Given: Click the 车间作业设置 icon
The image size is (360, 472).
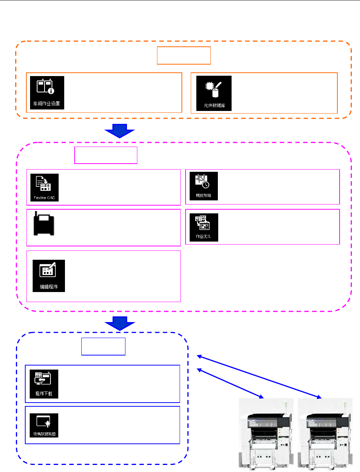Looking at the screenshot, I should tap(47, 93).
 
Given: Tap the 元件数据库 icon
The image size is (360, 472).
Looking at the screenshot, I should tap(214, 93).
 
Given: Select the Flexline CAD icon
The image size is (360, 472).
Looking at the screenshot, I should tap(45, 187).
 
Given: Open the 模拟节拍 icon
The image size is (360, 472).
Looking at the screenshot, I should tap(203, 186).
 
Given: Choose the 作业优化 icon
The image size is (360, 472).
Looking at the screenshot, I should tap(204, 227).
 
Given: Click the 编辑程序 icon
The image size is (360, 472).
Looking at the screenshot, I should tap(49, 276).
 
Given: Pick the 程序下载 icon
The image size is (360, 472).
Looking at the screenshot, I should tap(44, 384).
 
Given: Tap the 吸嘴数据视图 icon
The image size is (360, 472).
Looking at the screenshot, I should tap(44, 425).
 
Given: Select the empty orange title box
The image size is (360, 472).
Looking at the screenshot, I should tap(184, 56).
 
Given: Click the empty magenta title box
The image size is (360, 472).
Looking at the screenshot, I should tap(106, 155).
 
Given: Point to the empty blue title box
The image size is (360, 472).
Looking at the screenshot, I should tap(103, 347).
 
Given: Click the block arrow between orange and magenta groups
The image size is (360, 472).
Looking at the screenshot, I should tap(120, 131).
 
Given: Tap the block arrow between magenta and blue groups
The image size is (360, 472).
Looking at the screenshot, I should tap(120, 323).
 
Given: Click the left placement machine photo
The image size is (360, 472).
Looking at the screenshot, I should tap(266, 434).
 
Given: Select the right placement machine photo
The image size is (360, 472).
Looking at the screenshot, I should tap(325, 434).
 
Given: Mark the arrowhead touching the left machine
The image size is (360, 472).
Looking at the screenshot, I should tap(261, 397).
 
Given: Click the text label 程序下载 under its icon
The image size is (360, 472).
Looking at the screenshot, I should tap(44, 393).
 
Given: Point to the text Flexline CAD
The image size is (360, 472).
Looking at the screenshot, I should tap(45, 198).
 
